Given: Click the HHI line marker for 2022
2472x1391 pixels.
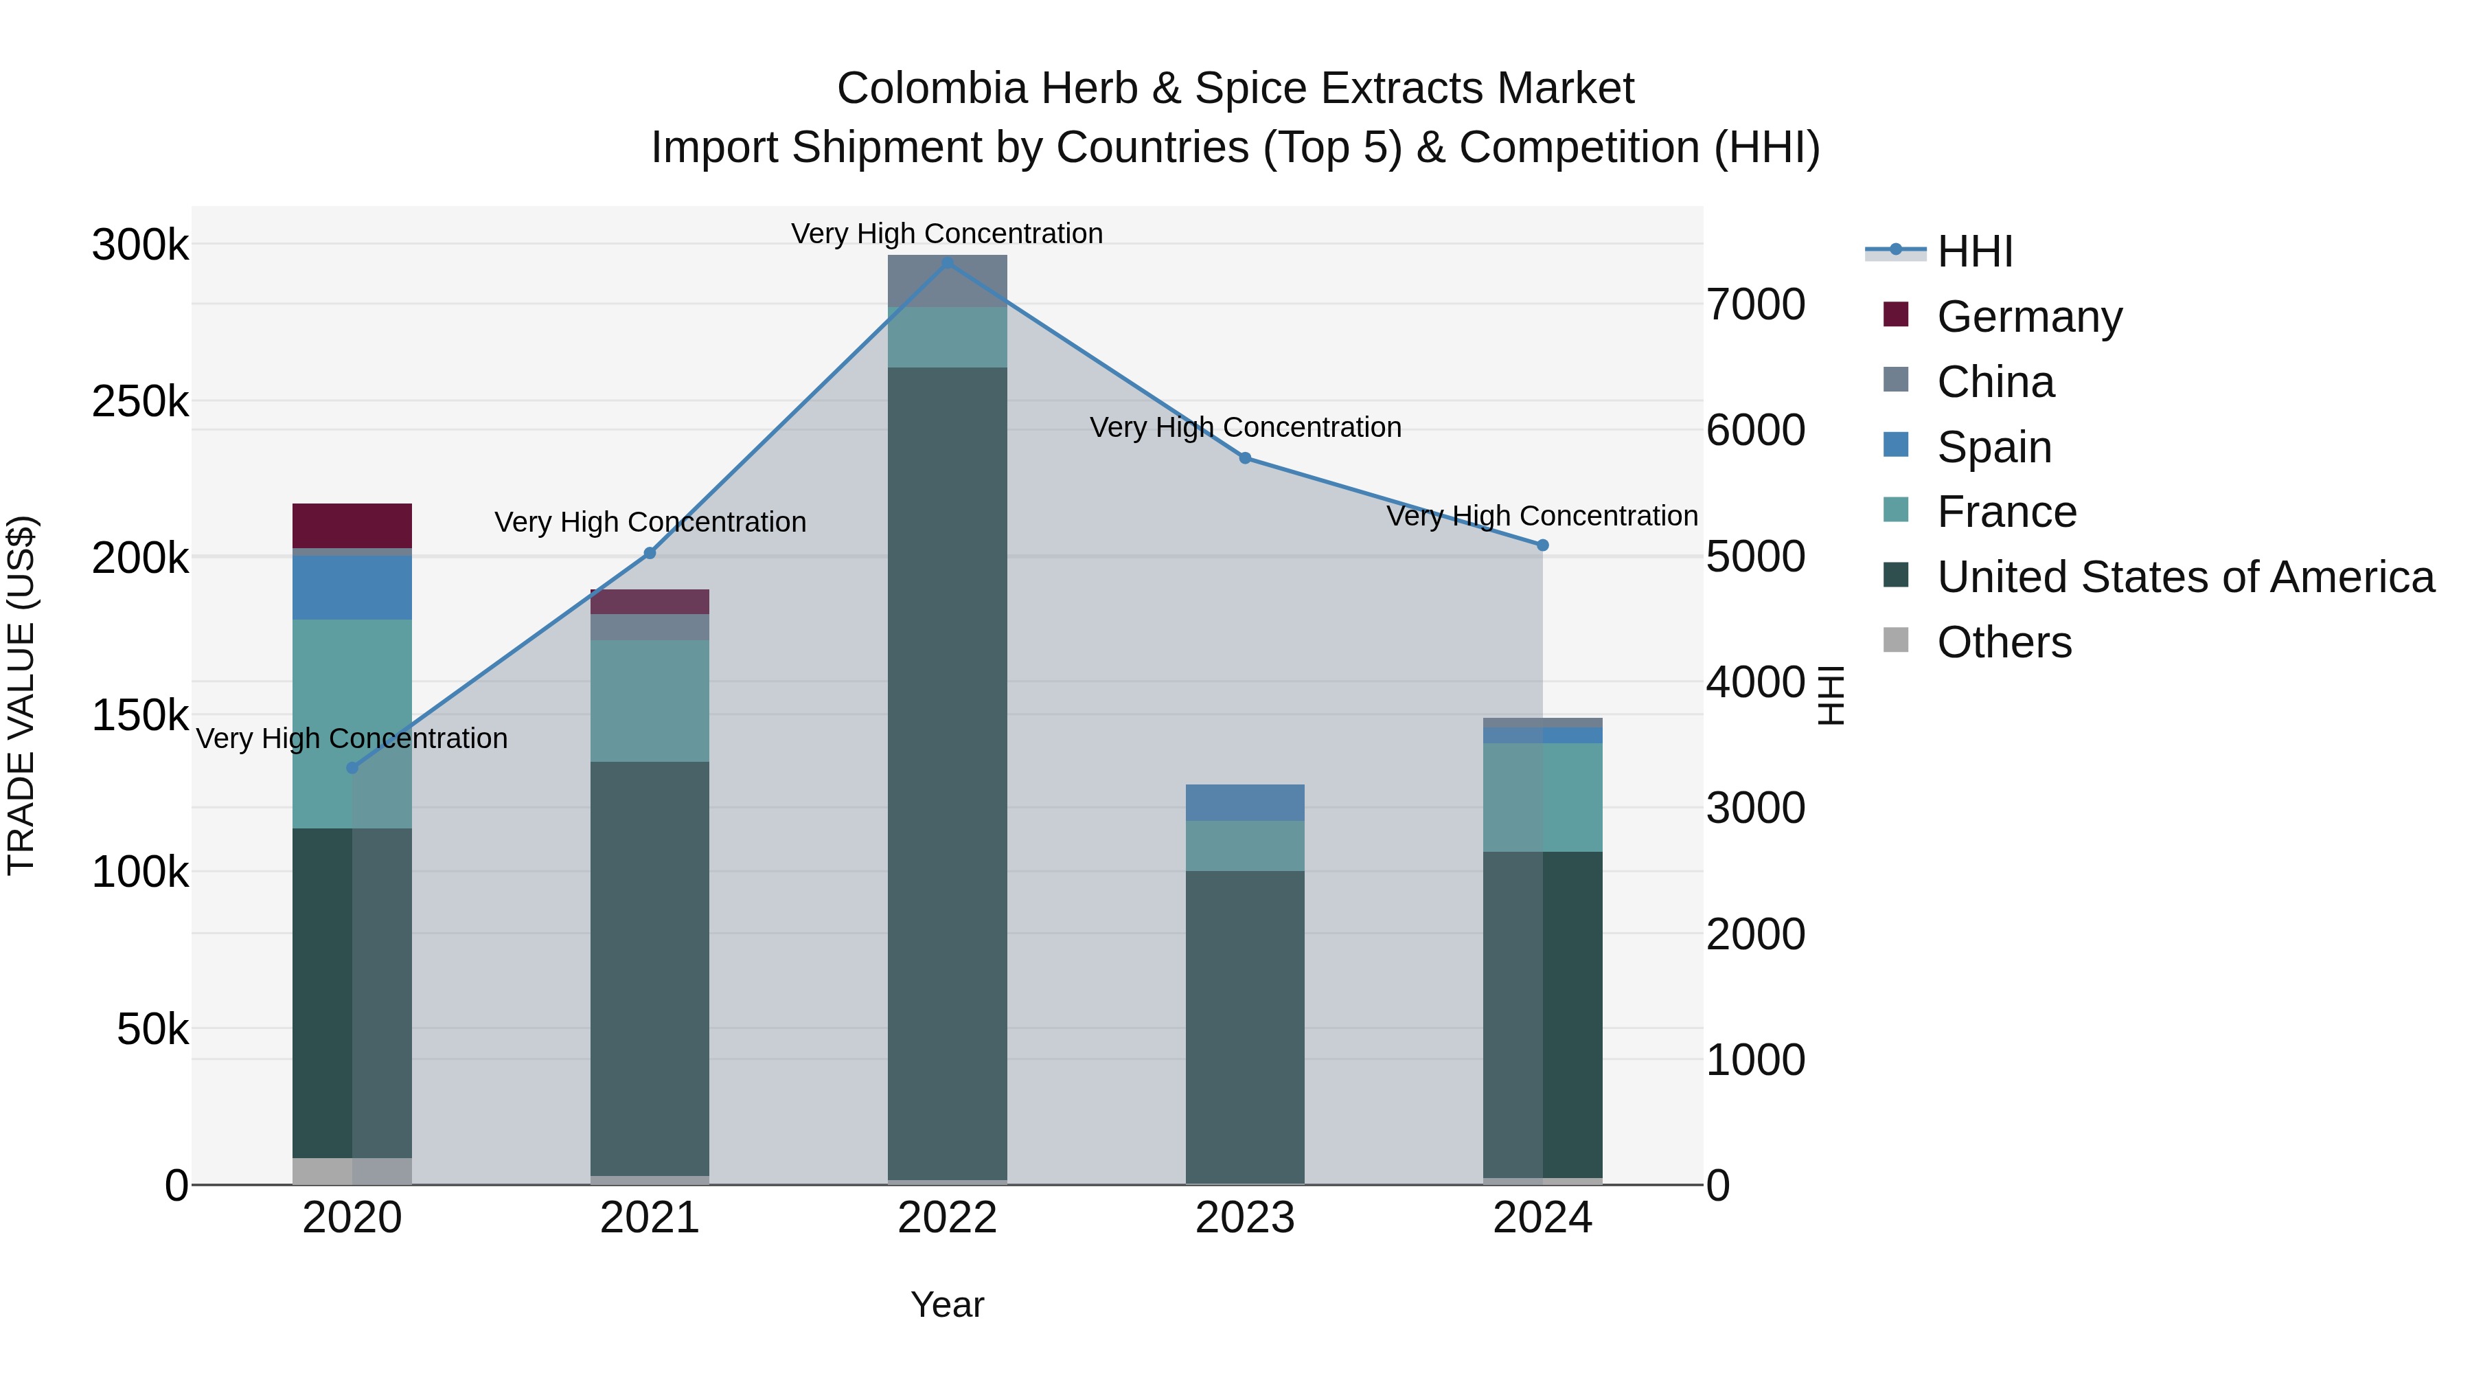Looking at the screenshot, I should coord(947,263).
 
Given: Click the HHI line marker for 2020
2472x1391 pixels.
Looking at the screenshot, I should coord(352,768).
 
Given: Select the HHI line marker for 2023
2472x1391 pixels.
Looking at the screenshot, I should coord(1245,458).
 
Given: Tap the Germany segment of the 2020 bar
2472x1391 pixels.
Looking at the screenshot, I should coord(352,525).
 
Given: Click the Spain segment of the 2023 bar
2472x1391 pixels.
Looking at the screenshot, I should coord(1245,802).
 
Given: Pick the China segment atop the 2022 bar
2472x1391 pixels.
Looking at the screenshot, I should coord(947,281).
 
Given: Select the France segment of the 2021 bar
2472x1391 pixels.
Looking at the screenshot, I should coord(650,701).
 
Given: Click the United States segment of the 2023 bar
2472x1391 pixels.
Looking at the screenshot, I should coord(1245,1027).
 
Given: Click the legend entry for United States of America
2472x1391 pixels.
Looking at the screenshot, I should coord(2184,577).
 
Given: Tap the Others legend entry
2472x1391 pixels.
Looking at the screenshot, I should coord(2003,642).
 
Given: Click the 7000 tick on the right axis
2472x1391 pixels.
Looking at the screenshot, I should coord(1755,305).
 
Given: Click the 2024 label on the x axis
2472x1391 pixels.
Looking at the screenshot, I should coord(1542,1218).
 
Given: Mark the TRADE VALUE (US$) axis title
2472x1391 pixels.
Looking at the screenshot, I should coord(21,695).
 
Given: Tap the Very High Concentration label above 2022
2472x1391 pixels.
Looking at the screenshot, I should coord(947,234).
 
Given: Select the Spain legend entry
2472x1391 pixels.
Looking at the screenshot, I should coord(1993,447).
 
